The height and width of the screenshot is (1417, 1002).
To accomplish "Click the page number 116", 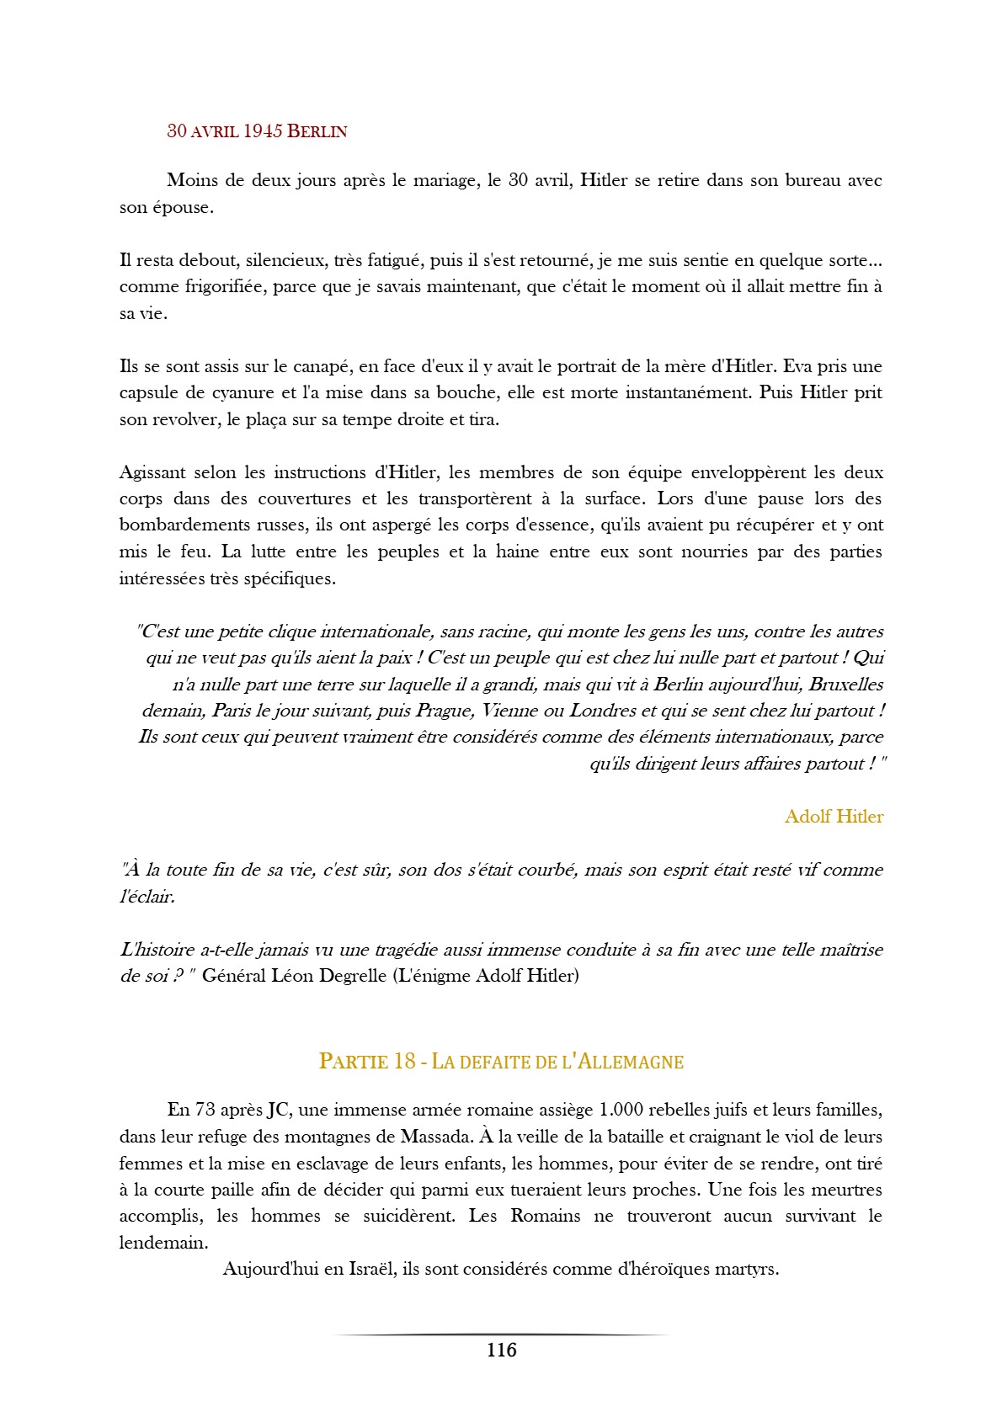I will click(x=501, y=1350).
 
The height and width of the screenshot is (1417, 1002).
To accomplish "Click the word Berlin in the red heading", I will click(x=317, y=131).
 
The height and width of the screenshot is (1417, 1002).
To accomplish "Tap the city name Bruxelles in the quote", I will click(x=845, y=685).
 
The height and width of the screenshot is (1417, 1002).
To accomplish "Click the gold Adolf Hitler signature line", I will click(x=834, y=817).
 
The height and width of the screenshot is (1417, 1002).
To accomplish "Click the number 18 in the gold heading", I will click(x=404, y=1062).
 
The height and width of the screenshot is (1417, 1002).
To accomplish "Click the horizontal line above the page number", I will click(x=501, y=1334).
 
